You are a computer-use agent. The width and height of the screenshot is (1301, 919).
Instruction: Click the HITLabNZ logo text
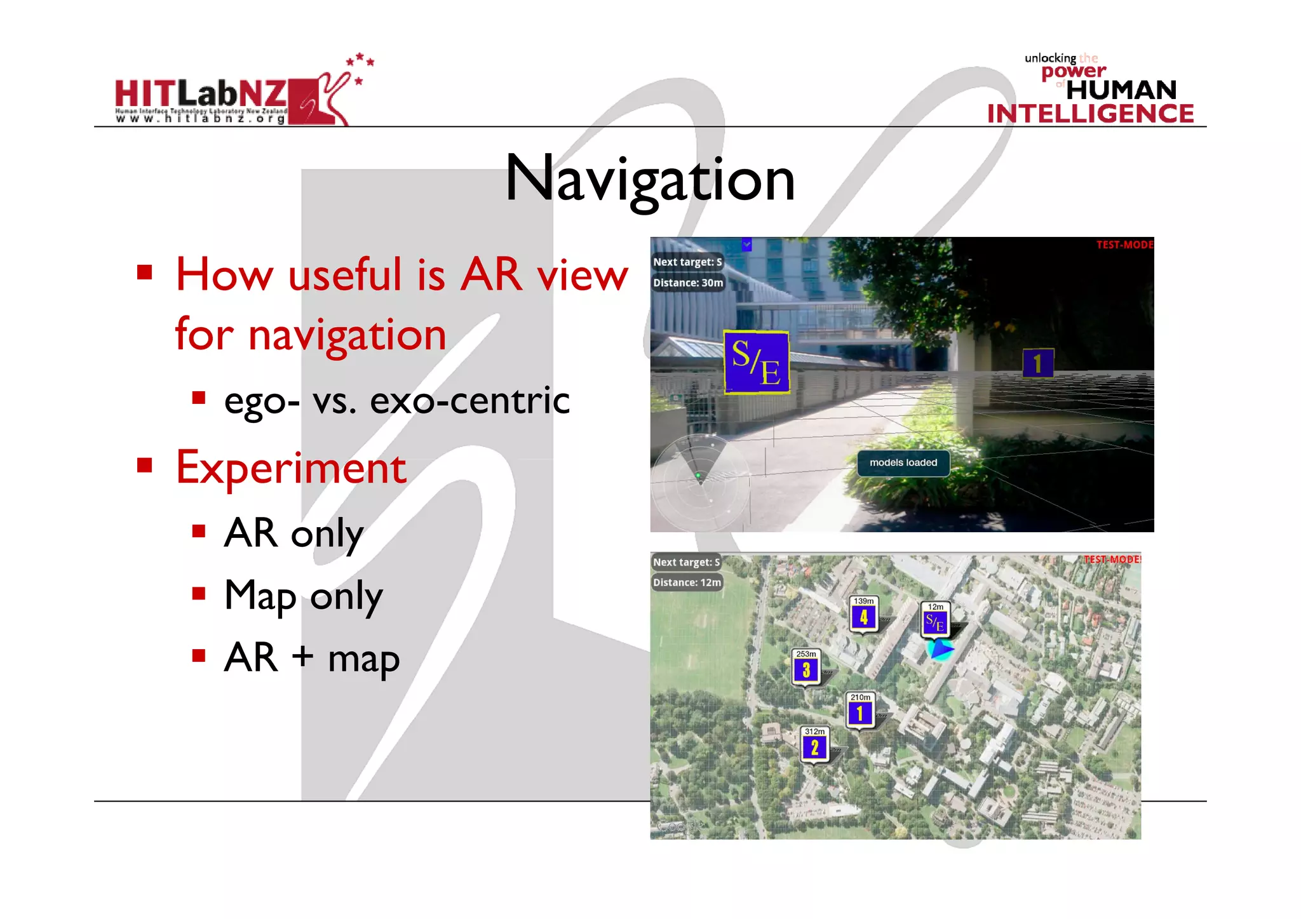[x=201, y=94]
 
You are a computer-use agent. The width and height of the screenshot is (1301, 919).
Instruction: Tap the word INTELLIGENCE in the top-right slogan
[x=1090, y=114]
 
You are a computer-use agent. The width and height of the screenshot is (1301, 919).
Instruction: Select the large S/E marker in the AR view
[x=756, y=362]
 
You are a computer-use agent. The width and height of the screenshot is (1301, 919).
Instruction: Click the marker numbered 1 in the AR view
[x=1037, y=363]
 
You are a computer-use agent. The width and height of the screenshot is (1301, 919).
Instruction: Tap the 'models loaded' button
[x=903, y=463]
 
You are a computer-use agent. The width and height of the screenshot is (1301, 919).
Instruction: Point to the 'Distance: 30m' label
[x=688, y=283]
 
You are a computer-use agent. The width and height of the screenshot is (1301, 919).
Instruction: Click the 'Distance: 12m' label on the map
[x=687, y=582]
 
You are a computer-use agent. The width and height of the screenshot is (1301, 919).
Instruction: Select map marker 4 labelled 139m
[x=863, y=615]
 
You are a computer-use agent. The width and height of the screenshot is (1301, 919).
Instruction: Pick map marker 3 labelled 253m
[x=806, y=667]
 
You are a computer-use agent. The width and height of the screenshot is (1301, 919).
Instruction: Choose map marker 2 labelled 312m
[x=814, y=746]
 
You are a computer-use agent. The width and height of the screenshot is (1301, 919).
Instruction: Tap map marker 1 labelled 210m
[x=859, y=711]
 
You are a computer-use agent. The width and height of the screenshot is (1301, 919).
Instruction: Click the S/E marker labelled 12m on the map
[x=935, y=620]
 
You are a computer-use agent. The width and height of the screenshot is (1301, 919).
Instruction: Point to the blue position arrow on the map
[x=940, y=649]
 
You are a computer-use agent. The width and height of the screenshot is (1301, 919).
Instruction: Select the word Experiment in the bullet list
[x=291, y=468]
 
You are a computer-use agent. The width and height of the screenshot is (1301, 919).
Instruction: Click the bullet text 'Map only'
[x=303, y=596]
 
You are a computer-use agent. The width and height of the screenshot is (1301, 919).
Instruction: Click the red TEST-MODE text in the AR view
[x=1124, y=245]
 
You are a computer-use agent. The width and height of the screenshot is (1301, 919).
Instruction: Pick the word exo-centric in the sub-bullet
[x=469, y=401]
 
